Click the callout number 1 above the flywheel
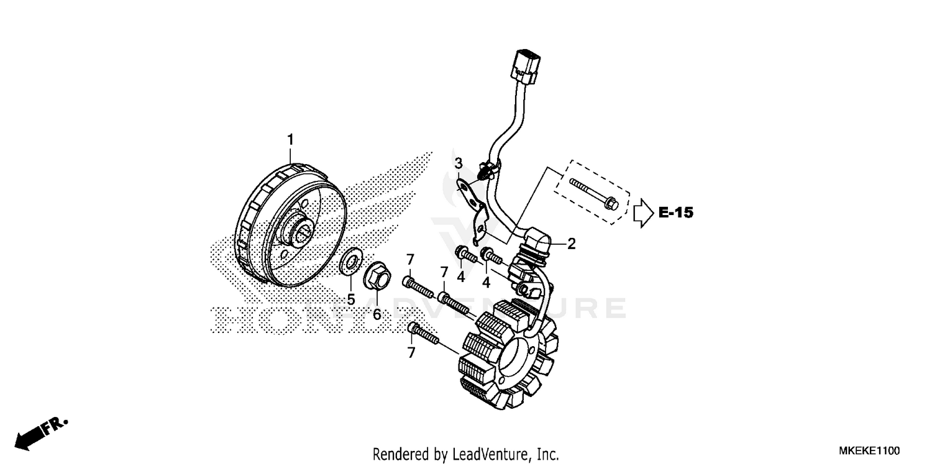coord(290,140)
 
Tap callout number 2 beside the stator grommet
coord(571,244)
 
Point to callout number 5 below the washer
coord(351,299)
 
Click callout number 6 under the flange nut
coord(377,314)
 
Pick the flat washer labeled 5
coord(352,260)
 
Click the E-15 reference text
coord(675,213)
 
